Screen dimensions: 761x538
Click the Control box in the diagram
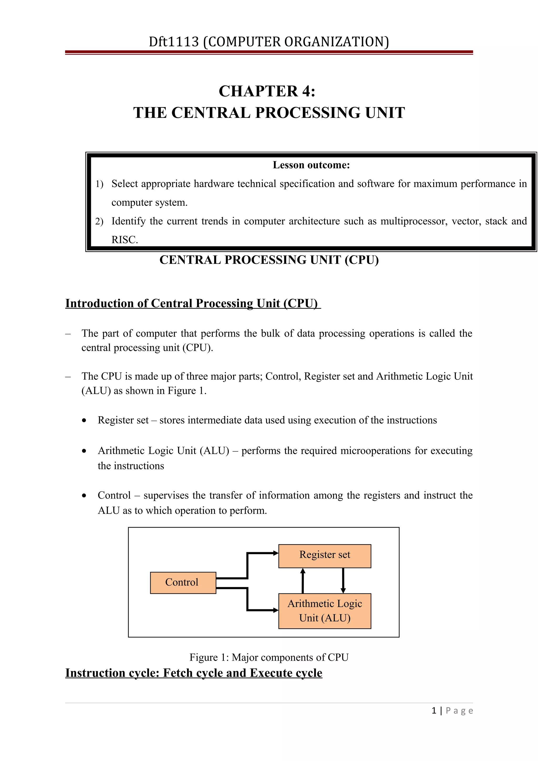tap(183, 583)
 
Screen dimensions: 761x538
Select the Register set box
tap(324, 556)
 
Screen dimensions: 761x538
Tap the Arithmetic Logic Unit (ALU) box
tap(324, 611)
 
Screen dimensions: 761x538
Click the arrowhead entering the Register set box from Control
tap(276, 553)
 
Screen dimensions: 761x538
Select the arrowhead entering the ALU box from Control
tap(276, 610)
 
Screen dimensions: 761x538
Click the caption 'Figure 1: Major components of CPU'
tap(269, 657)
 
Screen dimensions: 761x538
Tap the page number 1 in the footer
tap(434, 711)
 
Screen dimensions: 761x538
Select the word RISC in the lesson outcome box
tap(124, 240)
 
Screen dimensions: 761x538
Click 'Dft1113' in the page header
tap(173, 42)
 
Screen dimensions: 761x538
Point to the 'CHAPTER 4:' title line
tap(267, 91)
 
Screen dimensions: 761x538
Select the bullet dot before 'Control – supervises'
tap(84, 496)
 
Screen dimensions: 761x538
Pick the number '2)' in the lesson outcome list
tap(99, 221)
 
